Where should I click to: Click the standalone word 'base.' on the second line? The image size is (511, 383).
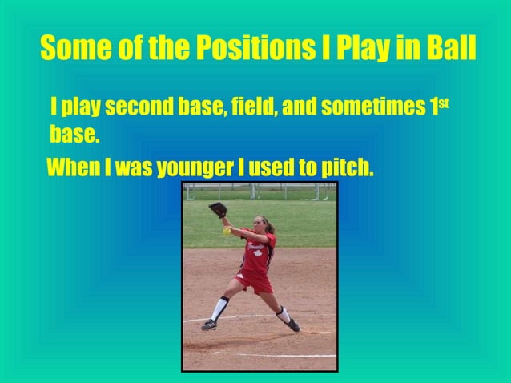[x=74, y=134]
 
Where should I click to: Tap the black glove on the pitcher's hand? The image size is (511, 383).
[x=217, y=209]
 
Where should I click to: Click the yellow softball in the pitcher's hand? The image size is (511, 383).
[x=227, y=231]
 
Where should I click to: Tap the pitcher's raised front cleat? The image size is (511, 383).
[x=209, y=325]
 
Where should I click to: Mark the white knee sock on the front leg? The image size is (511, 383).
[x=218, y=308]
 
